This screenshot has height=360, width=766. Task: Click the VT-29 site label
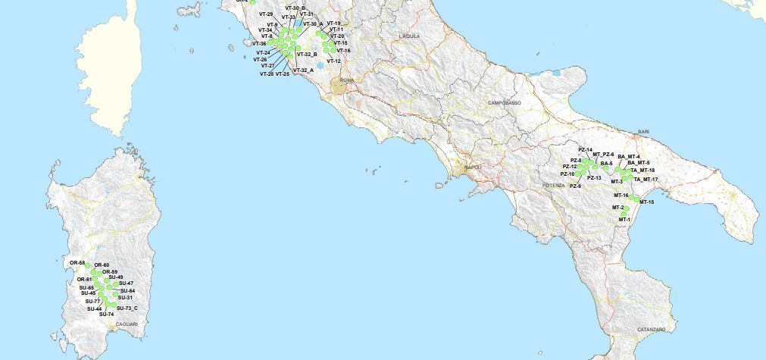tap(265, 14)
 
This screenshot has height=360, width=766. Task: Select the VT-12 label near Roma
tap(333, 61)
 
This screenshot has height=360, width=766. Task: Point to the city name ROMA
tap(348, 80)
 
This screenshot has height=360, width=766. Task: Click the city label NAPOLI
tap(473, 167)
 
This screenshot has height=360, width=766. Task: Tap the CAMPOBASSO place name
tap(505, 102)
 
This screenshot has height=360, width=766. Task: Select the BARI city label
tap(643, 131)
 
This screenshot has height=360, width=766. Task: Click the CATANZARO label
tap(651, 329)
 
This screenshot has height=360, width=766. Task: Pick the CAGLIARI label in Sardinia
tap(127, 324)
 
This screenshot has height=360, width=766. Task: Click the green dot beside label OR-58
tap(89, 266)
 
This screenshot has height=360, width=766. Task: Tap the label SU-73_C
tap(127, 308)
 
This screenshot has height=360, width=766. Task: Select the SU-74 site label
tap(106, 315)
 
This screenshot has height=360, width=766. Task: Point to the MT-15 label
tap(646, 202)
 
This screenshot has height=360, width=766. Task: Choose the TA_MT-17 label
tap(646, 180)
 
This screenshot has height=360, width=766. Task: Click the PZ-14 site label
tap(585, 150)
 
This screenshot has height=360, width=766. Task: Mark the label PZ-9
tap(575, 186)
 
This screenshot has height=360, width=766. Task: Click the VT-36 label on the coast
tap(258, 44)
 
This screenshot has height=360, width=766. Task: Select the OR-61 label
tap(84, 280)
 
